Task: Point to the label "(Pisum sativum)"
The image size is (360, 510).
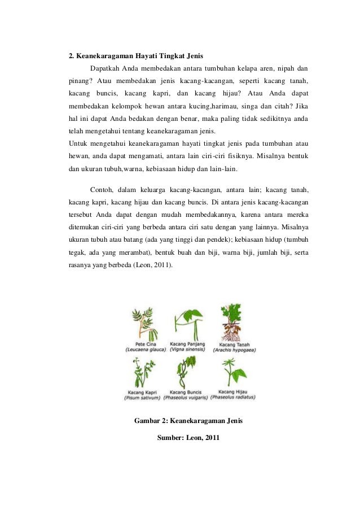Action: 142,398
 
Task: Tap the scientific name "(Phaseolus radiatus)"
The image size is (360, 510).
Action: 234,397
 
